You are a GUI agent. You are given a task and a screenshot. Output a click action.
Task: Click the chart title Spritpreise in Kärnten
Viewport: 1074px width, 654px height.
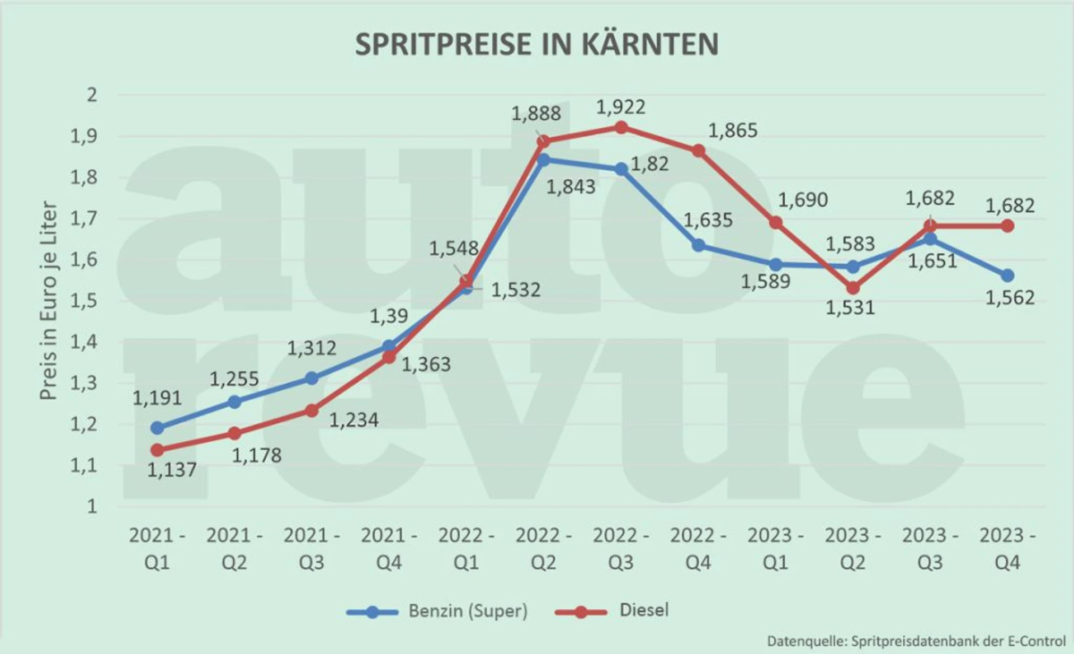pos(536,44)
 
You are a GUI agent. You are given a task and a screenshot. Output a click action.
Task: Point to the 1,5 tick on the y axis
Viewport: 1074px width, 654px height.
pos(83,301)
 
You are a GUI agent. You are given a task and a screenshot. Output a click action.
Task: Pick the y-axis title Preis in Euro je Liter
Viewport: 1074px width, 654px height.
pos(49,301)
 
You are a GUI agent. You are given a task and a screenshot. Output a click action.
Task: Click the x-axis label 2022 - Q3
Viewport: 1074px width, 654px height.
pos(620,549)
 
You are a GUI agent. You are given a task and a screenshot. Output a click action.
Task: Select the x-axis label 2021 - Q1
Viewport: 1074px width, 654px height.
pos(157,549)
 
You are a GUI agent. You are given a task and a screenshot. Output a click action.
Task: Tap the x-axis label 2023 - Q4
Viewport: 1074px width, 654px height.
pos(1007,549)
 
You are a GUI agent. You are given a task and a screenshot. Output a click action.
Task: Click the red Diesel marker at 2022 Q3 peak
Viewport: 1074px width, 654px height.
pos(621,128)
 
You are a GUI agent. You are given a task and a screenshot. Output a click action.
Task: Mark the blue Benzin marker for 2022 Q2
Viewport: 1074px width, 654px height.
pos(543,160)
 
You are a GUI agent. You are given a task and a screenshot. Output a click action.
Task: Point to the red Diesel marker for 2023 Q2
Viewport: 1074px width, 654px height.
pos(852,288)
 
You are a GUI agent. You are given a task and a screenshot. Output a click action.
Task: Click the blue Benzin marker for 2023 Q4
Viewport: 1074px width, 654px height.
pos(1007,275)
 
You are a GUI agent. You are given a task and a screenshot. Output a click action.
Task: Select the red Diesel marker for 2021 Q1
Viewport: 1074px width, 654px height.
pos(157,450)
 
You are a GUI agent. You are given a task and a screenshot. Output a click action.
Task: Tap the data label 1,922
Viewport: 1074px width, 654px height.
pos(620,107)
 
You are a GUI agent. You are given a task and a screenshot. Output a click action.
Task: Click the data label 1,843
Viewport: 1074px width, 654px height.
pos(571,187)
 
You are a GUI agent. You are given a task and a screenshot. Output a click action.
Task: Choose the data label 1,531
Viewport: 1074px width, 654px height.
pos(850,308)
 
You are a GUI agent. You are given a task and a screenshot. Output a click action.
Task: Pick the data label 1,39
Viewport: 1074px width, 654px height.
pos(389,316)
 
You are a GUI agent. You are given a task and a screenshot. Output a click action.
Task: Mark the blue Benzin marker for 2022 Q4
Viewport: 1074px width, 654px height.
pos(698,245)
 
